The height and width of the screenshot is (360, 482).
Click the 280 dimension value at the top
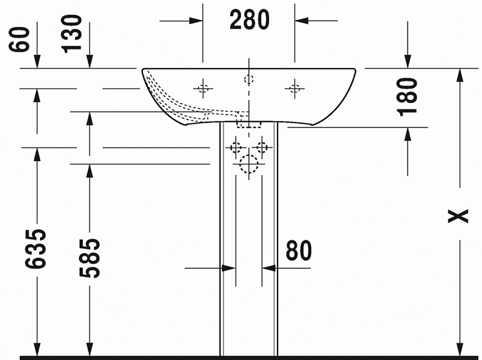pos(249,19)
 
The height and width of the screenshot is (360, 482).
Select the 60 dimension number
pos(19,39)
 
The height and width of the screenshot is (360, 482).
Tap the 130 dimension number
pos(72,34)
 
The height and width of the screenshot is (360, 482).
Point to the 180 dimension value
pos(408,97)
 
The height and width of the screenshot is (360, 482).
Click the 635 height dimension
pos(36,248)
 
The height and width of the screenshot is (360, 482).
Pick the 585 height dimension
pos(89,258)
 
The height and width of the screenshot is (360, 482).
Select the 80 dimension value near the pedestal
pos(299,250)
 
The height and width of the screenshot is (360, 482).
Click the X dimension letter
pos(458,216)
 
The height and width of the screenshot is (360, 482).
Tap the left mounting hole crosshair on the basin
pos(203,89)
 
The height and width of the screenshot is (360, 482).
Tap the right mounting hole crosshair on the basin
pos(294,89)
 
